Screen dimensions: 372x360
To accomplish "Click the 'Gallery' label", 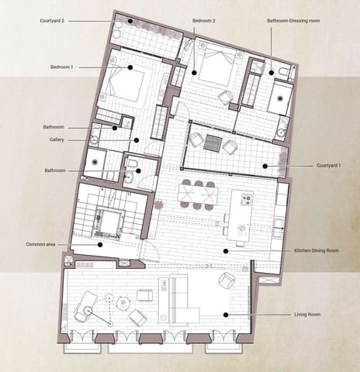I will (54, 140).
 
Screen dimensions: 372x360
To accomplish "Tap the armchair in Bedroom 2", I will (225, 97).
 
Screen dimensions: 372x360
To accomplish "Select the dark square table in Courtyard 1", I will (213, 143).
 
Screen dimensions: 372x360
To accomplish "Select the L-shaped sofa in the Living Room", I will (175, 298).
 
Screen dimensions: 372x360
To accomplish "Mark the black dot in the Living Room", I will (225, 315).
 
